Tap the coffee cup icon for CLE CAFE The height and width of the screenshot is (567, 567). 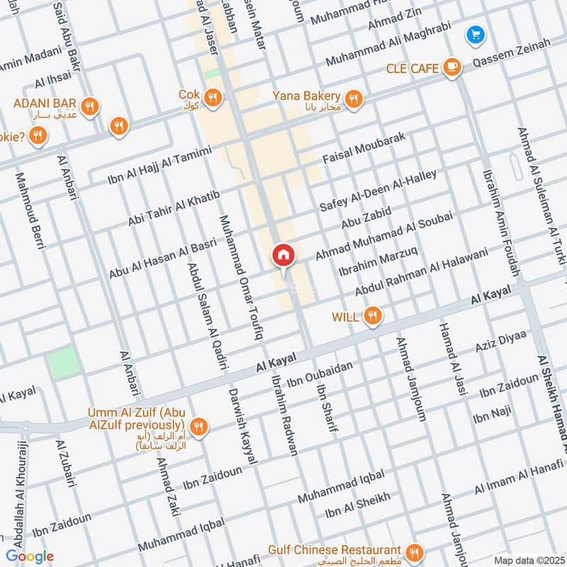(451, 67)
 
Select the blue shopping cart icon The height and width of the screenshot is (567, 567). (475, 33)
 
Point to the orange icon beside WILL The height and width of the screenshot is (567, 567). (372, 316)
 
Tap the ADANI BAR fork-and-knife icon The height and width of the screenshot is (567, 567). (89, 106)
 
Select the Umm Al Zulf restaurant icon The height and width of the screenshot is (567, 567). (200, 425)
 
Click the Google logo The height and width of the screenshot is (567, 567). (30, 556)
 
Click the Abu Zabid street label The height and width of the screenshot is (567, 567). (366, 215)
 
